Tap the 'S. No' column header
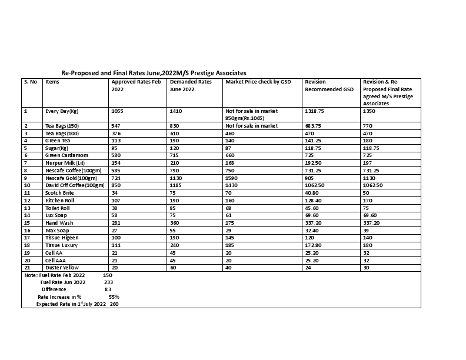(x=31, y=82)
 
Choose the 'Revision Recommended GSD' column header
(x=329, y=85)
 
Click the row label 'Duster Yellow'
(x=62, y=268)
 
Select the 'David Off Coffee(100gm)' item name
(x=75, y=185)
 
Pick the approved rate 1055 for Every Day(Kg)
(x=118, y=111)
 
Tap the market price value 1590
(x=232, y=178)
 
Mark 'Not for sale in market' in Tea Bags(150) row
(x=251, y=126)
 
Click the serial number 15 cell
(x=26, y=223)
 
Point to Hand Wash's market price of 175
(x=231, y=223)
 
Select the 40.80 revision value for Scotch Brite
(x=312, y=192)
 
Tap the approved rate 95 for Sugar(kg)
(x=115, y=148)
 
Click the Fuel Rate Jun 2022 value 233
(x=108, y=282)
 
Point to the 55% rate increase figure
(x=114, y=297)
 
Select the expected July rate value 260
(x=114, y=304)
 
